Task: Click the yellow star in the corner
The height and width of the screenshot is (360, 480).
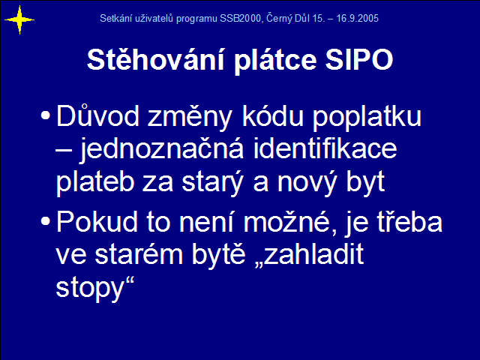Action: click(x=19, y=20)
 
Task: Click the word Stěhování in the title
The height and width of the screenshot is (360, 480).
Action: click(x=156, y=59)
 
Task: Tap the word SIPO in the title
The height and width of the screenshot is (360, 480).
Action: click(x=359, y=60)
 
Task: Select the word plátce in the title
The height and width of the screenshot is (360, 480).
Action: click(x=275, y=60)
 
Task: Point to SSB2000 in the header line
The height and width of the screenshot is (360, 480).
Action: click(x=240, y=19)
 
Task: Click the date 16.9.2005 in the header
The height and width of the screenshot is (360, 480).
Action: click(x=357, y=19)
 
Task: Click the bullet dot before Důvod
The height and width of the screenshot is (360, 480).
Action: click(x=45, y=115)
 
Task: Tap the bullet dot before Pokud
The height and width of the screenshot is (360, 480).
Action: click(x=45, y=221)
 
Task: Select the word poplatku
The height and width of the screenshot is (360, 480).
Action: click(x=367, y=117)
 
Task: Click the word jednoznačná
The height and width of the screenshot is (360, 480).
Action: click(x=162, y=150)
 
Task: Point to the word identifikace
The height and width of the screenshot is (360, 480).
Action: click(x=325, y=148)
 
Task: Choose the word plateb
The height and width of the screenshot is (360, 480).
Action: click(x=95, y=183)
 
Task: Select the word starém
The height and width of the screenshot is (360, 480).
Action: click(x=139, y=254)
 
